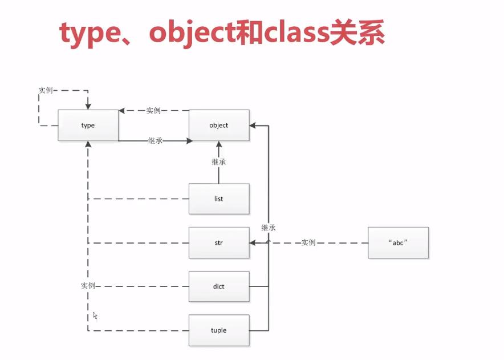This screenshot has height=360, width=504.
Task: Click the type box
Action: click(x=88, y=125)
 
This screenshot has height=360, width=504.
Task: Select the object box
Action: click(x=218, y=125)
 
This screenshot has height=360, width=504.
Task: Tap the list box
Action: click(x=218, y=199)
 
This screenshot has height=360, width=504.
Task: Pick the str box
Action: click(x=218, y=242)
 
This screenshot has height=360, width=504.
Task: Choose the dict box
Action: click(x=218, y=286)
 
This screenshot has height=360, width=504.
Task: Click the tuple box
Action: click(x=218, y=330)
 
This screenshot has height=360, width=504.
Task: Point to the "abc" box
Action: click(x=398, y=242)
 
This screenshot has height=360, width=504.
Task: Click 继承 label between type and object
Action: click(x=155, y=140)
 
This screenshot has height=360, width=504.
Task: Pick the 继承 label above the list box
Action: click(x=219, y=162)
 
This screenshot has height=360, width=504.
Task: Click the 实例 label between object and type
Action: click(x=153, y=111)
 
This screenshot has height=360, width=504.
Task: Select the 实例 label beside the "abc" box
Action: click(x=308, y=242)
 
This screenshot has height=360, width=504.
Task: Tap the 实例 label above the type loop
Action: click(x=46, y=90)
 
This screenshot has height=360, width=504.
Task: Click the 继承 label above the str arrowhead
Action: click(x=269, y=228)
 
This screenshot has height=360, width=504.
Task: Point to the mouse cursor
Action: click(x=95, y=315)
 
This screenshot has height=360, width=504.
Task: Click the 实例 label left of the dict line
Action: click(x=88, y=285)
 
